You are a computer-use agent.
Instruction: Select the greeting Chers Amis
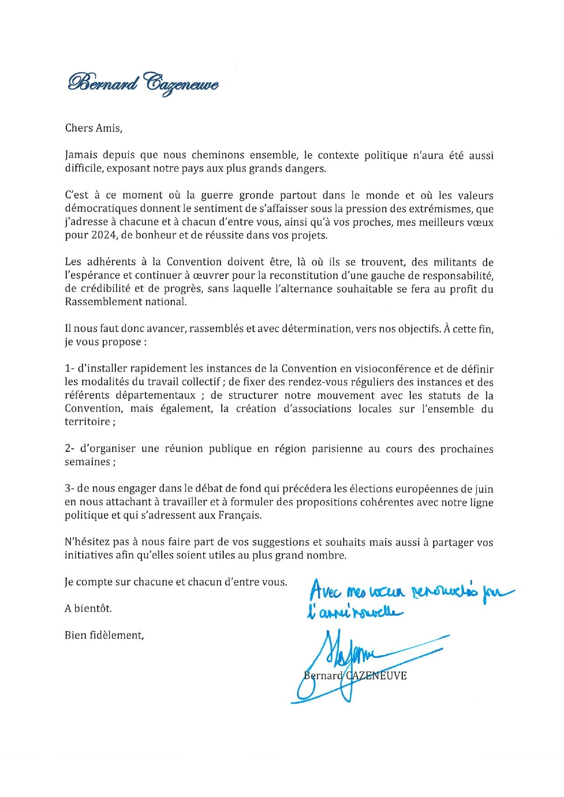coord(94,128)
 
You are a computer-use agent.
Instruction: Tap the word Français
coord(240,516)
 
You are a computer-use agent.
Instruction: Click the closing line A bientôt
coord(88,609)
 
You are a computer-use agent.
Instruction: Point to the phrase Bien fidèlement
coord(104,635)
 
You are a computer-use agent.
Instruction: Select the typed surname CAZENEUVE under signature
coord(376,676)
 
